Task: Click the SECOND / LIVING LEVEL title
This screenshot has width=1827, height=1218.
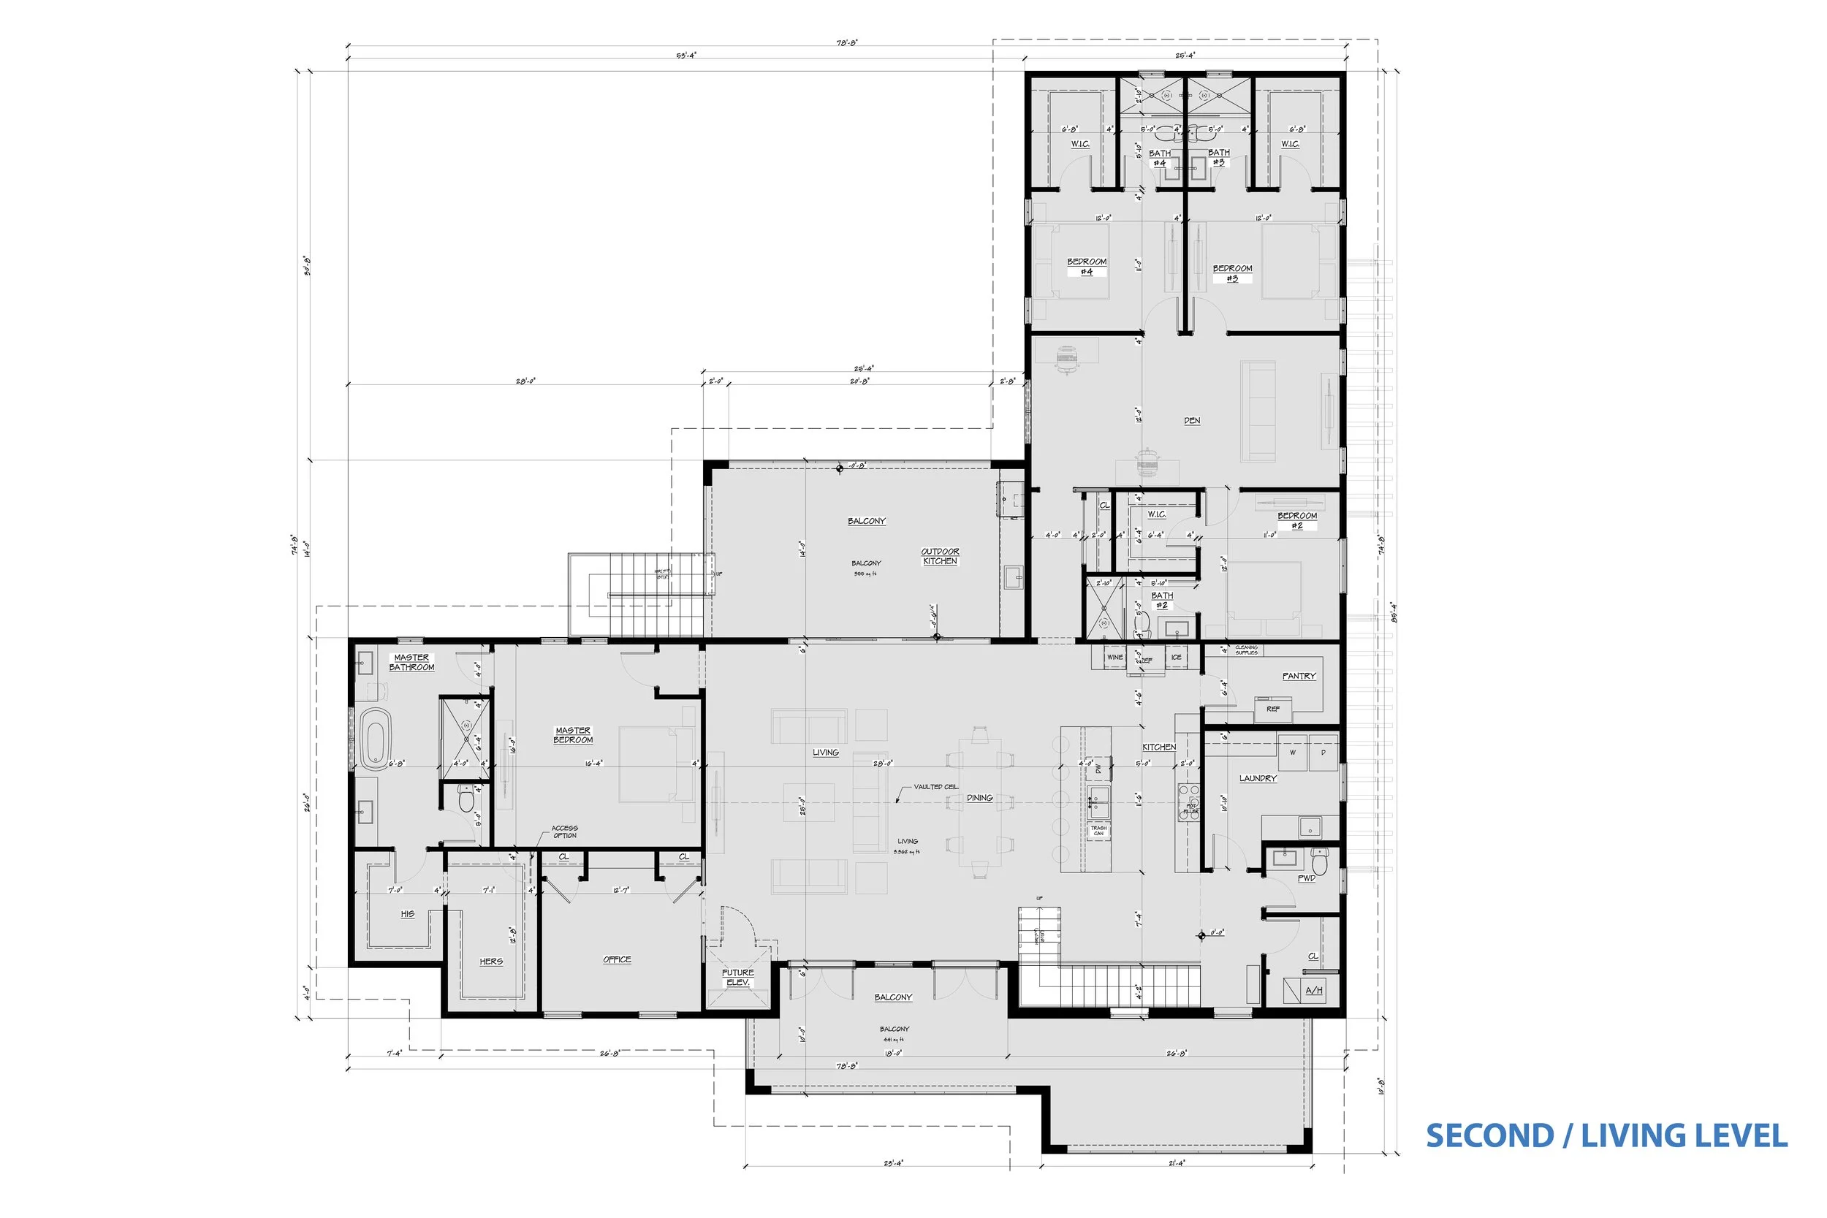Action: point(1606,1135)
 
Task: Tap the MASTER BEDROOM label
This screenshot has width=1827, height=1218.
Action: point(572,735)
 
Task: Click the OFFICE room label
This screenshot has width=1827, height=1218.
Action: point(617,959)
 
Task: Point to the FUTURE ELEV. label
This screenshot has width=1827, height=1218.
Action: point(737,977)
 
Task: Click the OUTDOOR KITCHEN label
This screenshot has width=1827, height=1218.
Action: point(940,556)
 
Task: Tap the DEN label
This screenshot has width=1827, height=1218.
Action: point(1192,420)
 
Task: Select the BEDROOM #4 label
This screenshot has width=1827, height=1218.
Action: point(1087,267)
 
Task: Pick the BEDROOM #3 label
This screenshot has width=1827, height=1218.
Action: point(1232,273)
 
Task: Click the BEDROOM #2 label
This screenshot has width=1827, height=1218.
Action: point(1296,520)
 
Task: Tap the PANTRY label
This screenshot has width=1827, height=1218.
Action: point(1299,676)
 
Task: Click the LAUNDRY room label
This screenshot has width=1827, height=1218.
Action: point(1258,778)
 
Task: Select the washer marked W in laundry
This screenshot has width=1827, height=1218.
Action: point(1293,753)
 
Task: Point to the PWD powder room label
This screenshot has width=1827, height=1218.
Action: point(1307,878)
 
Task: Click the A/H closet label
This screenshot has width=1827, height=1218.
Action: point(1313,991)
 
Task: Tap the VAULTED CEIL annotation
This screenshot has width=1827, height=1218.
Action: point(935,787)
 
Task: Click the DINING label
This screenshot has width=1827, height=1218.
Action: point(979,798)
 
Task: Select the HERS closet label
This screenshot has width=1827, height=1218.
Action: point(491,961)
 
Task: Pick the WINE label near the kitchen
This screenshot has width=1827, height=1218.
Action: point(1114,657)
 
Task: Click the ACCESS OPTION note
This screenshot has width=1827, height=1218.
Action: point(565,832)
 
